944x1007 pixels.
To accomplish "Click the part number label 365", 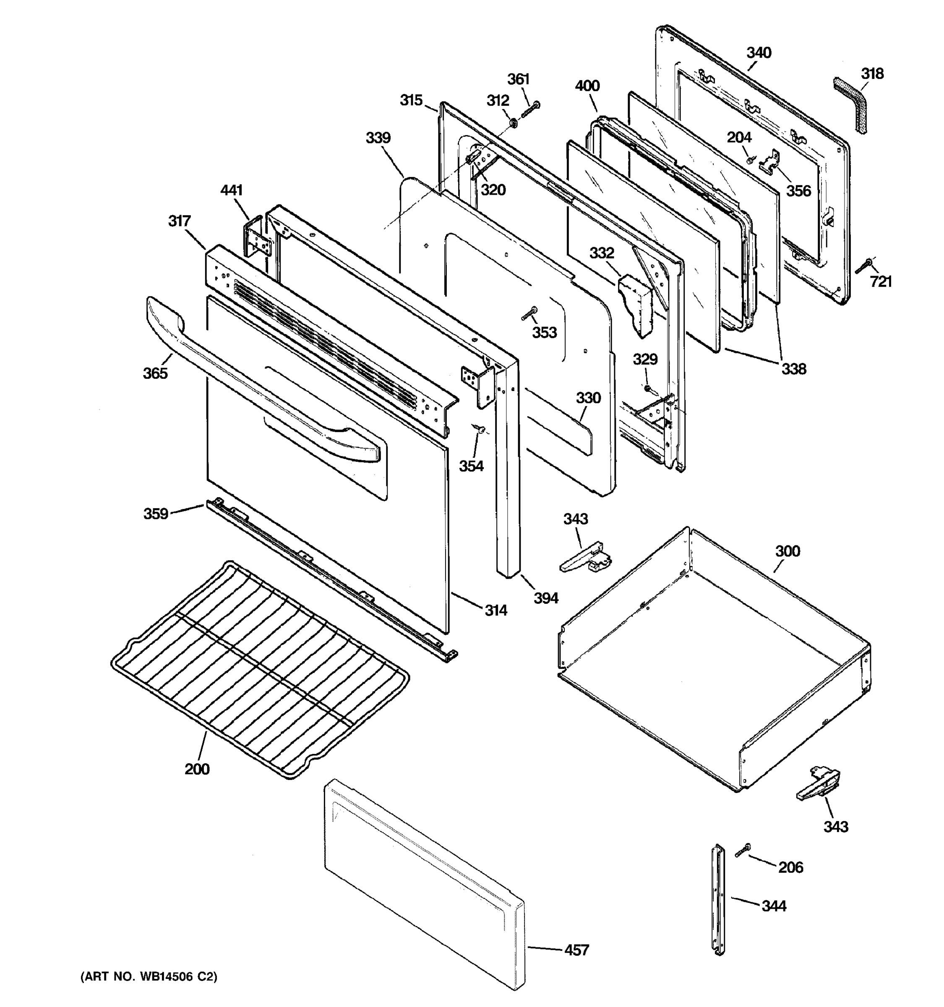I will point(155,373).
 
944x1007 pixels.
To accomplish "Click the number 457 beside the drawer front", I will point(577,950).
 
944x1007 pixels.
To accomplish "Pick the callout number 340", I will point(759,53).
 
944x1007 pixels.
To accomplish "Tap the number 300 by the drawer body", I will point(788,551).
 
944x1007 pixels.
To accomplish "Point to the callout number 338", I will point(793,369).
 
